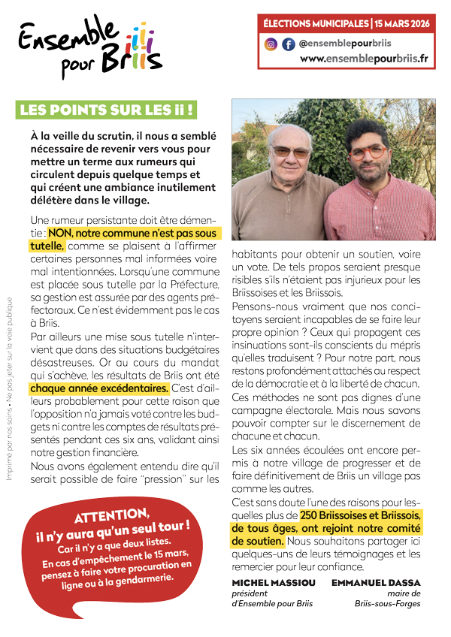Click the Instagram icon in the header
271,44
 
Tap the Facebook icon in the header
288,44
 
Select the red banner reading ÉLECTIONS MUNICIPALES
347,24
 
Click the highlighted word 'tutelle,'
47,246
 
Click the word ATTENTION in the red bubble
111,517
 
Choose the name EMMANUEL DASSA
383,582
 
